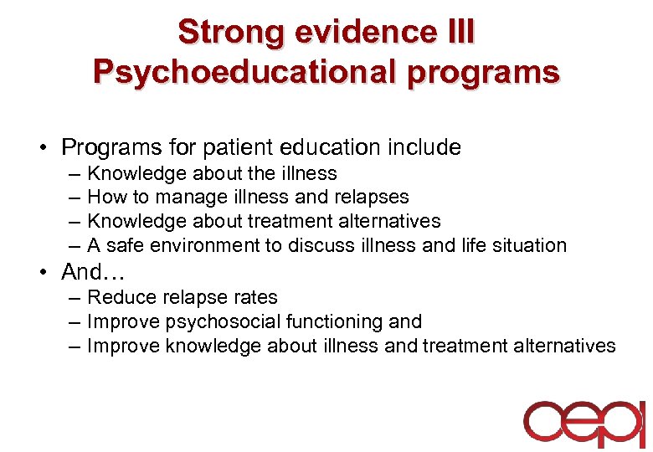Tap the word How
(x=104, y=198)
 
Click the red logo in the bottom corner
(x=584, y=424)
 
